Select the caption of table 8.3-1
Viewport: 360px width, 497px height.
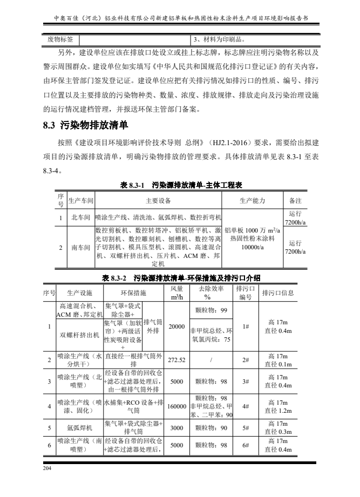point(180,185)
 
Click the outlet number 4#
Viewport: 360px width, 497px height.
point(245,407)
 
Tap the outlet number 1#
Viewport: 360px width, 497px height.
point(245,326)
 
